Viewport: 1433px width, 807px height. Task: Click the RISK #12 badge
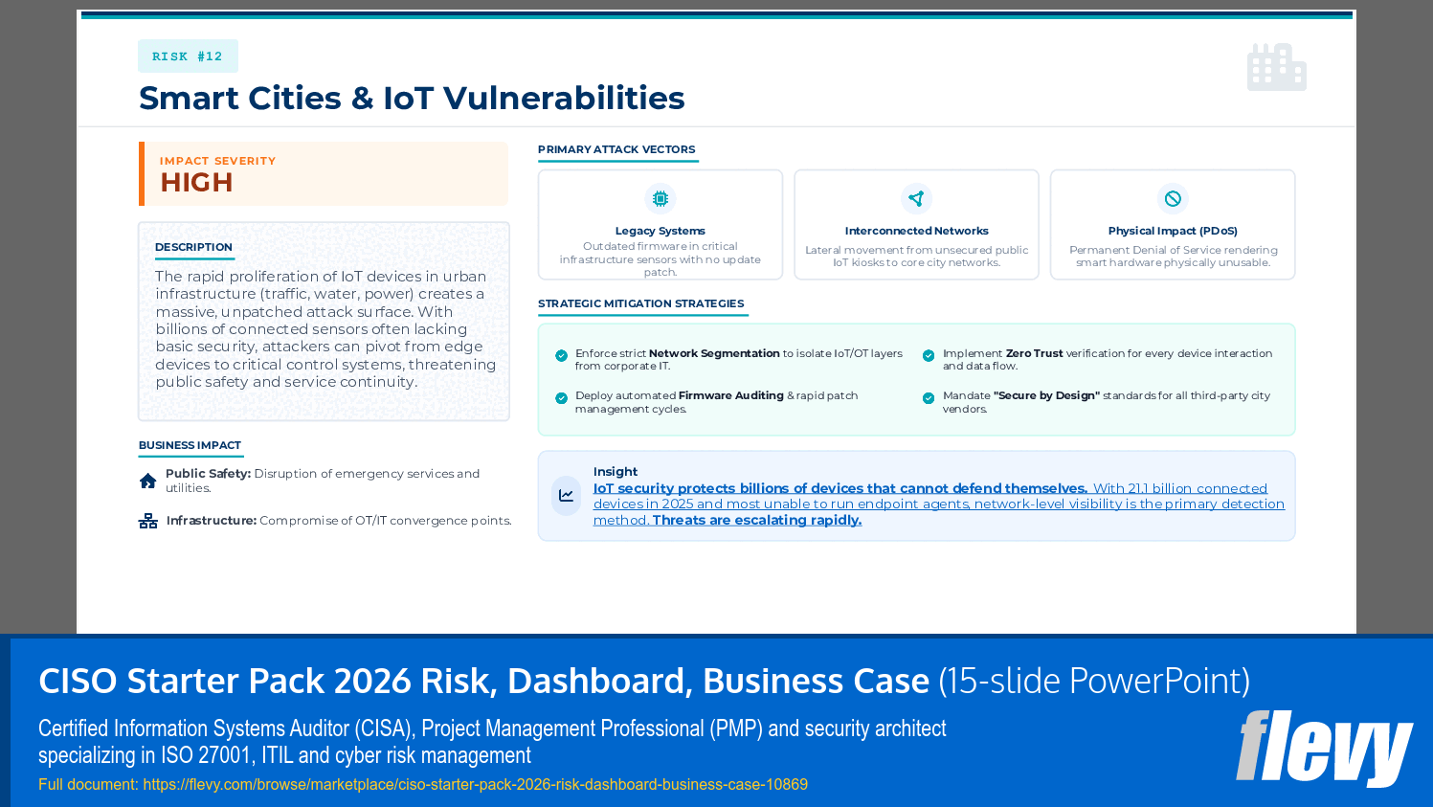[188, 56]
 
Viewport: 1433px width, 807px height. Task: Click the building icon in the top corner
[1276, 67]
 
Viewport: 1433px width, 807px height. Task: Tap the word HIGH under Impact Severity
[196, 183]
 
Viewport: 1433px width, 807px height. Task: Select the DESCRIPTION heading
[193, 247]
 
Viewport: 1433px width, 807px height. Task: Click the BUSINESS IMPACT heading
[190, 445]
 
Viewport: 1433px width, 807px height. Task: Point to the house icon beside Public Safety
[148, 481]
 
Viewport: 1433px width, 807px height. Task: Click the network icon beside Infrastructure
[148, 521]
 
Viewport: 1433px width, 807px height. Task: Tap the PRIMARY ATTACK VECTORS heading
[616, 149]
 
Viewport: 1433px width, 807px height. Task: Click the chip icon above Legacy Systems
[661, 199]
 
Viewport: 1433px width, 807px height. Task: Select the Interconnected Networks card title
[916, 231]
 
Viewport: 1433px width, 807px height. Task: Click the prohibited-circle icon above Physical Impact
[1173, 199]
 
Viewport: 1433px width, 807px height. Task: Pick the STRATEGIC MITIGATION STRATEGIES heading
[640, 303]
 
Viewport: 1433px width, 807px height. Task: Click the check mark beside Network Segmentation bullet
[562, 356]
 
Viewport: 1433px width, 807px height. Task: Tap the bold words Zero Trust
[1034, 353]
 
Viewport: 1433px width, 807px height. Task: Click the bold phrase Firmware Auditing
[730, 395]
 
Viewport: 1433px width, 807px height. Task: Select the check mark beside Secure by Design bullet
[929, 398]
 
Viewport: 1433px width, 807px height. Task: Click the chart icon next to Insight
[567, 496]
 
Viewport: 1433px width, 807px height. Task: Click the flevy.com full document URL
[475, 785]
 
